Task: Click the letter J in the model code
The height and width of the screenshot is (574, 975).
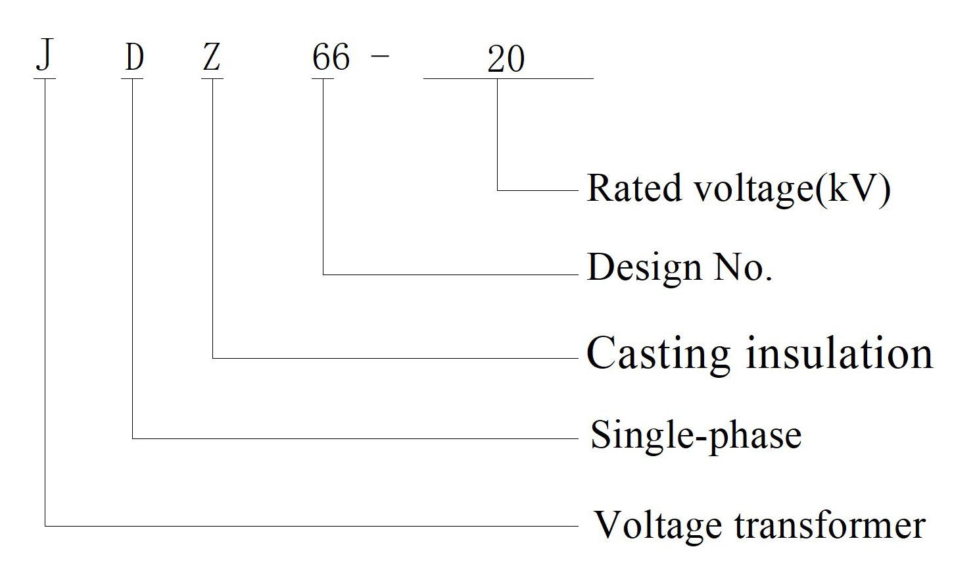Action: point(45,55)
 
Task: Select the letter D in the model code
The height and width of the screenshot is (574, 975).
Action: point(134,57)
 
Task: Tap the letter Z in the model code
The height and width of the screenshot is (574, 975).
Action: point(212,57)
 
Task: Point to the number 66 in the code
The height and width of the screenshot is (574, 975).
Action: point(331,57)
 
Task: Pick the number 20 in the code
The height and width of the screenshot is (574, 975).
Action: point(506,59)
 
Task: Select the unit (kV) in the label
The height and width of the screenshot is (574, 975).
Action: point(853,189)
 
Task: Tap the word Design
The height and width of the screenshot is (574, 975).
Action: point(644,268)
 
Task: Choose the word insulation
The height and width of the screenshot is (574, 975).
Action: point(840,352)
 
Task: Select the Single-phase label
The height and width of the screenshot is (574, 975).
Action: point(696,436)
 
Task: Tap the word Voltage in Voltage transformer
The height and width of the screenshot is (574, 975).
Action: point(658,527)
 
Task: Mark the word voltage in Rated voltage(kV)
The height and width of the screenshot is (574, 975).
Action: point(754,190)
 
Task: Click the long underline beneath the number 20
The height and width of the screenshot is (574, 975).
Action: point(508,79)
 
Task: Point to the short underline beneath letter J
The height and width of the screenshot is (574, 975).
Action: point(45,79)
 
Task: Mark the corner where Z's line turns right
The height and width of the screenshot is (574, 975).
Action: point(213,358)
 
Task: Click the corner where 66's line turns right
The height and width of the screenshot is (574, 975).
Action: point(323,274)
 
